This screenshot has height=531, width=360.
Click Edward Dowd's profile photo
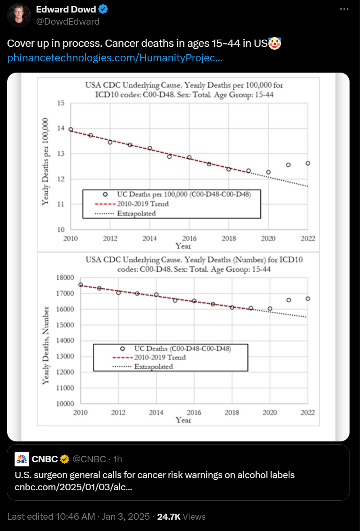[x=19, y=15]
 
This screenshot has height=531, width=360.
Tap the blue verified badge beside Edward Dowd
[x=103, y=9]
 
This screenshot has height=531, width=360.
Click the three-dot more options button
[x=343, y=9]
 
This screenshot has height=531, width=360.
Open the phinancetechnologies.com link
[x=115, y=58]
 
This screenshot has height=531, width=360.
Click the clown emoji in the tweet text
[x=274, y=43]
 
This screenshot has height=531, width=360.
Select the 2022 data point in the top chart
[x=308, y=163]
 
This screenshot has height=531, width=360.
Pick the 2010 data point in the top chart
[x=71, y=130]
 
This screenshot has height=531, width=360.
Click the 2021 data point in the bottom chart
[x=289, y=300]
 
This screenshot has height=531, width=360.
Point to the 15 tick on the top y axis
[x=61, y=103]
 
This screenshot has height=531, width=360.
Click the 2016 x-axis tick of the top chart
[x=189, y=239]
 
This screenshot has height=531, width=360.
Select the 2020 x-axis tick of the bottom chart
[x=270, y=413]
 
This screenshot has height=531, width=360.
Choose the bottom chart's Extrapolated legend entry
[x=153, y=367]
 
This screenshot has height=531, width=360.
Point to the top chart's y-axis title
[x=46, y=162]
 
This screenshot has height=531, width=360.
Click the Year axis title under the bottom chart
[x=183, y=420]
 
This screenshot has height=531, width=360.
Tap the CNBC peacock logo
[x=22, y=459]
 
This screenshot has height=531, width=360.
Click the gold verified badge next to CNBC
[x=65, y=459]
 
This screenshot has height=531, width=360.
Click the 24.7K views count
[x=169, y=516]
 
